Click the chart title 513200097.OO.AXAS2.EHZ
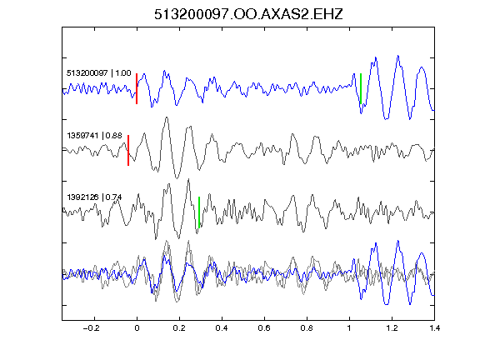pyautogui.click(x=248, y=14)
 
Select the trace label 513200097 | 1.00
pyautogui.click(x=99, y=73)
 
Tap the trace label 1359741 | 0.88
pyautogui.click(x=95, y=135)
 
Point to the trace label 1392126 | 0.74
pyautogui.click(x=95, y=197)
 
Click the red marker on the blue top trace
pyautogui.click(x=137, y=89)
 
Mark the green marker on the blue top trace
pyautogui.click(x=361, y=89)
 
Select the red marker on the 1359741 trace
pyautogui.click(x=128, y=150)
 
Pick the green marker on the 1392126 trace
pyautogui.click(x=199, y=212)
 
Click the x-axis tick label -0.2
pyautogui.click(x=92, y=328)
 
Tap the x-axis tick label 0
pyautogui.click(x=137, y=328)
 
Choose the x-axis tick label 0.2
pyautogui.click(x=179, y=328)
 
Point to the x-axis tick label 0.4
pyautogui.click(x=222, y=328)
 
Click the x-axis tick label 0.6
pyautogui.click(x=264, y=328)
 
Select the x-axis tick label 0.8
pyautogui.click(x=307, y=328)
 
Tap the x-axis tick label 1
pyautogui.click(x=349, y=328)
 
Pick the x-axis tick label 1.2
pyautogui.click(x=392, y=328)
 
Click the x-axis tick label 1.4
pyautogui.click(x=434, y=328)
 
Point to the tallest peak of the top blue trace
pyautogui.click(x=398, y=56)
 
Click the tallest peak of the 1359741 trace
pyautogui.click(x=167, y=117)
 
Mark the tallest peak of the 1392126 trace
pyautogui.click(x=188, y=179)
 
